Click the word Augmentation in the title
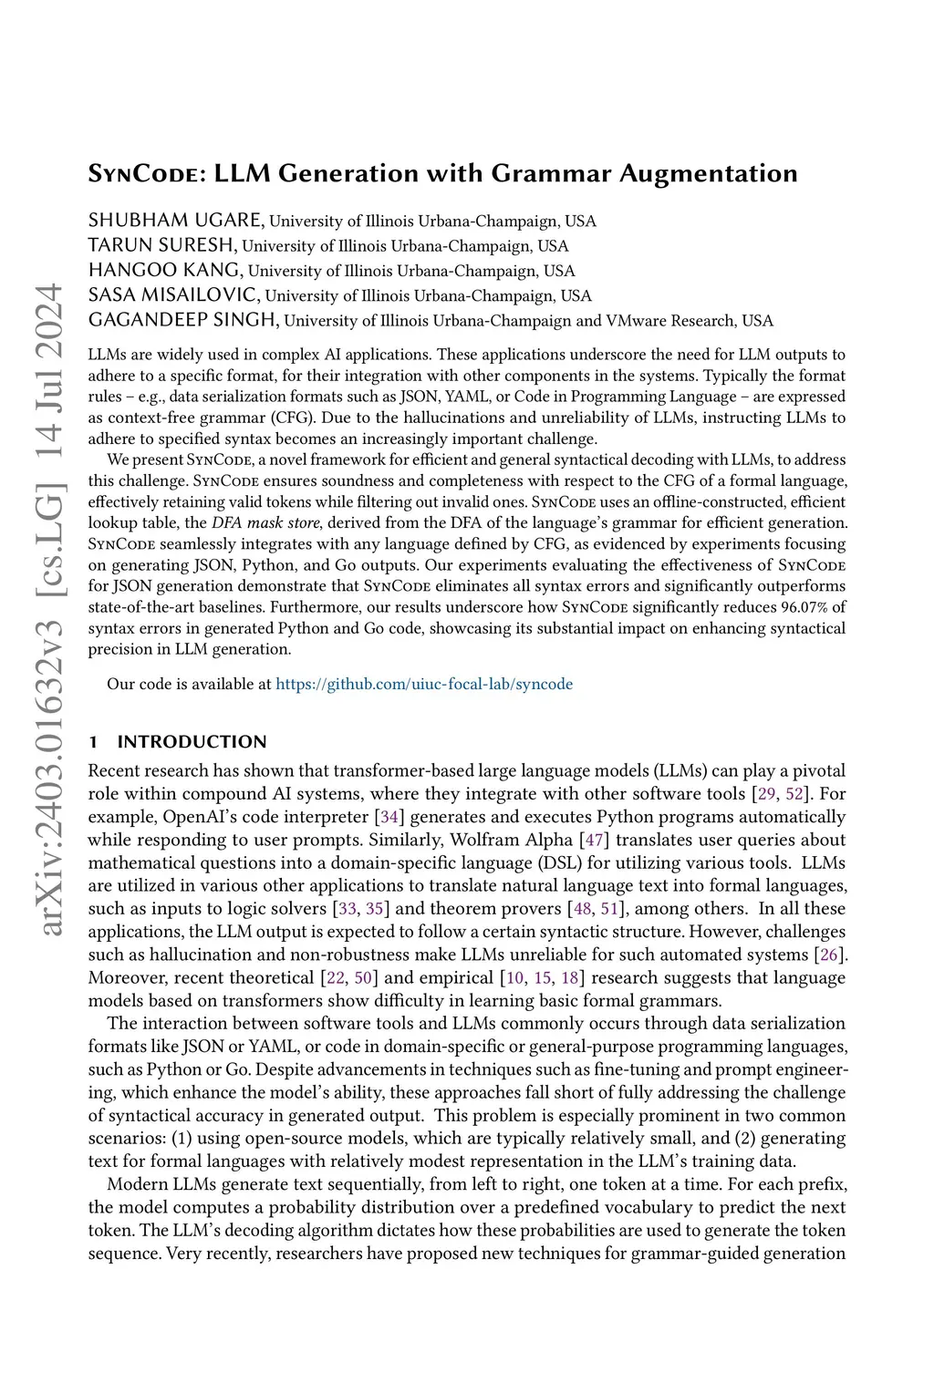click(709, 173)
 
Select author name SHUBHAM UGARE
click(176, 221)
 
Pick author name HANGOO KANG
click(165, 270)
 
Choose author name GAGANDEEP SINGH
click(182, 320)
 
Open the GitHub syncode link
click(424, 684)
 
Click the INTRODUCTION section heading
click(192, 741)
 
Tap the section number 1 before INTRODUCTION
click(92, 741)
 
